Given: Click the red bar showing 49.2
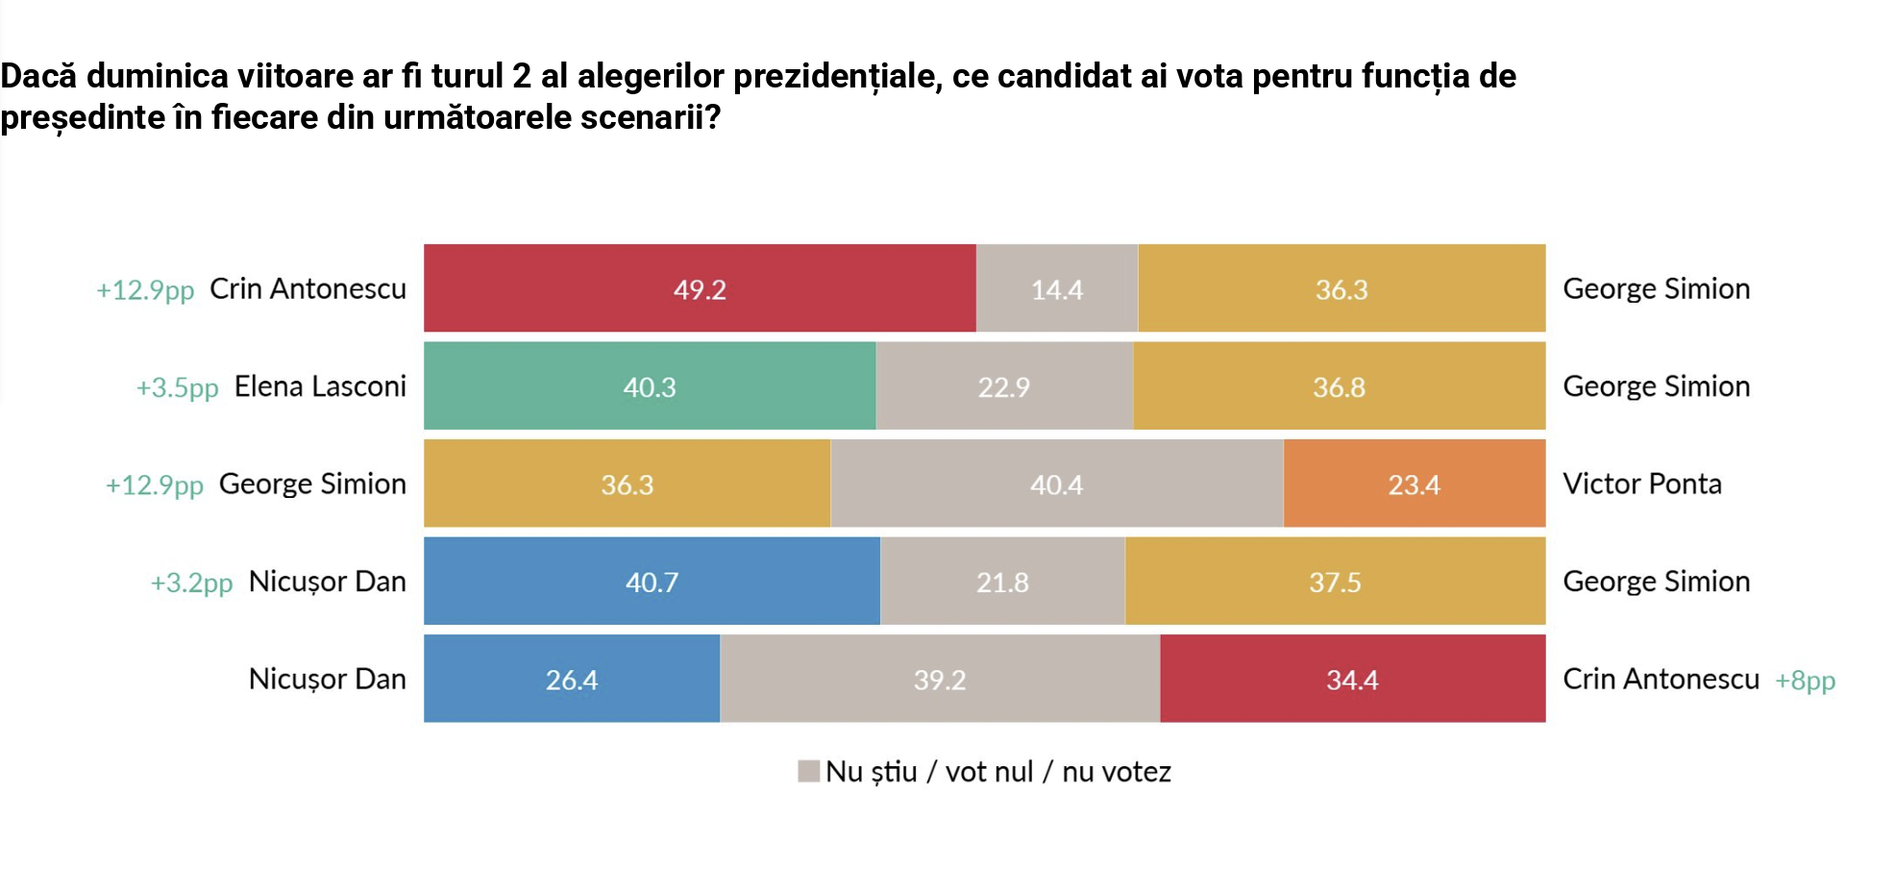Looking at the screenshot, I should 700,288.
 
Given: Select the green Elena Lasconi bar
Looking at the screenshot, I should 650,385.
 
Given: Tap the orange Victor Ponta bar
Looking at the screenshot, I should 1414,484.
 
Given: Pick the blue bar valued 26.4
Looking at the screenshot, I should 572,679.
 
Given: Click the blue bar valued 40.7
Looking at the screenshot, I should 652,581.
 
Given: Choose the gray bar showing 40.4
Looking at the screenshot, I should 1056,484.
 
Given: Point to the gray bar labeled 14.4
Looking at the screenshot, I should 1056,288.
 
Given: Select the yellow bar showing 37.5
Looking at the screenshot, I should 1335,581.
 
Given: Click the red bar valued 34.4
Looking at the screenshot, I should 1352,679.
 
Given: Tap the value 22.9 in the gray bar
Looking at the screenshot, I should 1003,387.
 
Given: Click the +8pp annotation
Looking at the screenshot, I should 1805,681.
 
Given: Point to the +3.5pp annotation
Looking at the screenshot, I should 178,387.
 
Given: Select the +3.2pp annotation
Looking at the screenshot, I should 191,583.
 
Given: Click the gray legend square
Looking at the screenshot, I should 808,771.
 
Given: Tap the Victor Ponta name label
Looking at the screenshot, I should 1641,484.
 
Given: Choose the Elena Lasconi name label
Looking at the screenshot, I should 320,386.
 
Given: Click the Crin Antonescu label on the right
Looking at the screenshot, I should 1661,679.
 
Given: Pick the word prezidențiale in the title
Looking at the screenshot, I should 836,76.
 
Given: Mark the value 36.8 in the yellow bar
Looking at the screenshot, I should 1339,387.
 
